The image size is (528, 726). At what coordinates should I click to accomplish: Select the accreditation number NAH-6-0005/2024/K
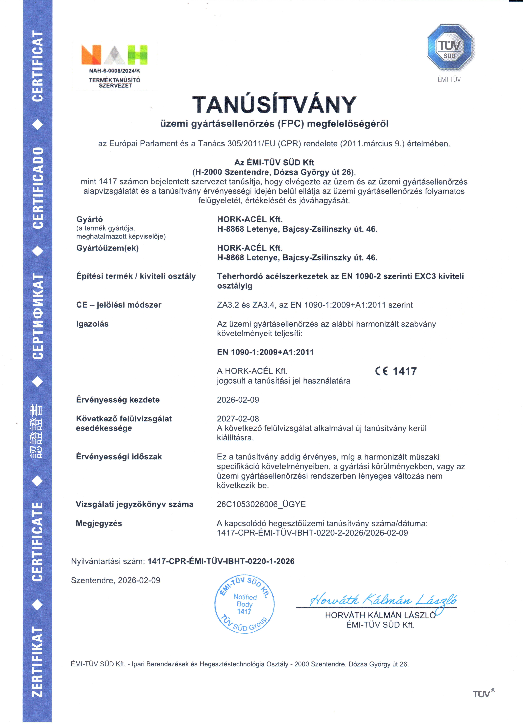115,71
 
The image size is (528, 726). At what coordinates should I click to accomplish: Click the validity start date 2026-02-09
238,400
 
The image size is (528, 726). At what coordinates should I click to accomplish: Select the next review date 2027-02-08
238,419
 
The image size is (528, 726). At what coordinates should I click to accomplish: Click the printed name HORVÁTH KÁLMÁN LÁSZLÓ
380,615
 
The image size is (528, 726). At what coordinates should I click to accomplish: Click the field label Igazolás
92,324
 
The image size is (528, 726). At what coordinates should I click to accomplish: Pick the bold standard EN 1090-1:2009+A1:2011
265,352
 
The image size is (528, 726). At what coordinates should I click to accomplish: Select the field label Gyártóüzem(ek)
107,248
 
